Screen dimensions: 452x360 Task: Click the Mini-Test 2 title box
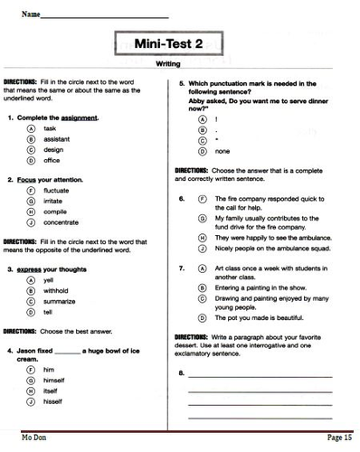(180, 42)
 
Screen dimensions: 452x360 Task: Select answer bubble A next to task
(31, 129)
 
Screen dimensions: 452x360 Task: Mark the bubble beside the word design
(31, 150)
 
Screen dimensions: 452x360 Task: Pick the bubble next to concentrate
(31, 221)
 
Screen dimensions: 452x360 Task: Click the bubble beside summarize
(31, 301)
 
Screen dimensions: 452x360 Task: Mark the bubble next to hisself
(31, 400)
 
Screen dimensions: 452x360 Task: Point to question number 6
(182, 197)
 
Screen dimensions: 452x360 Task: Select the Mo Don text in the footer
(34, 438)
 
